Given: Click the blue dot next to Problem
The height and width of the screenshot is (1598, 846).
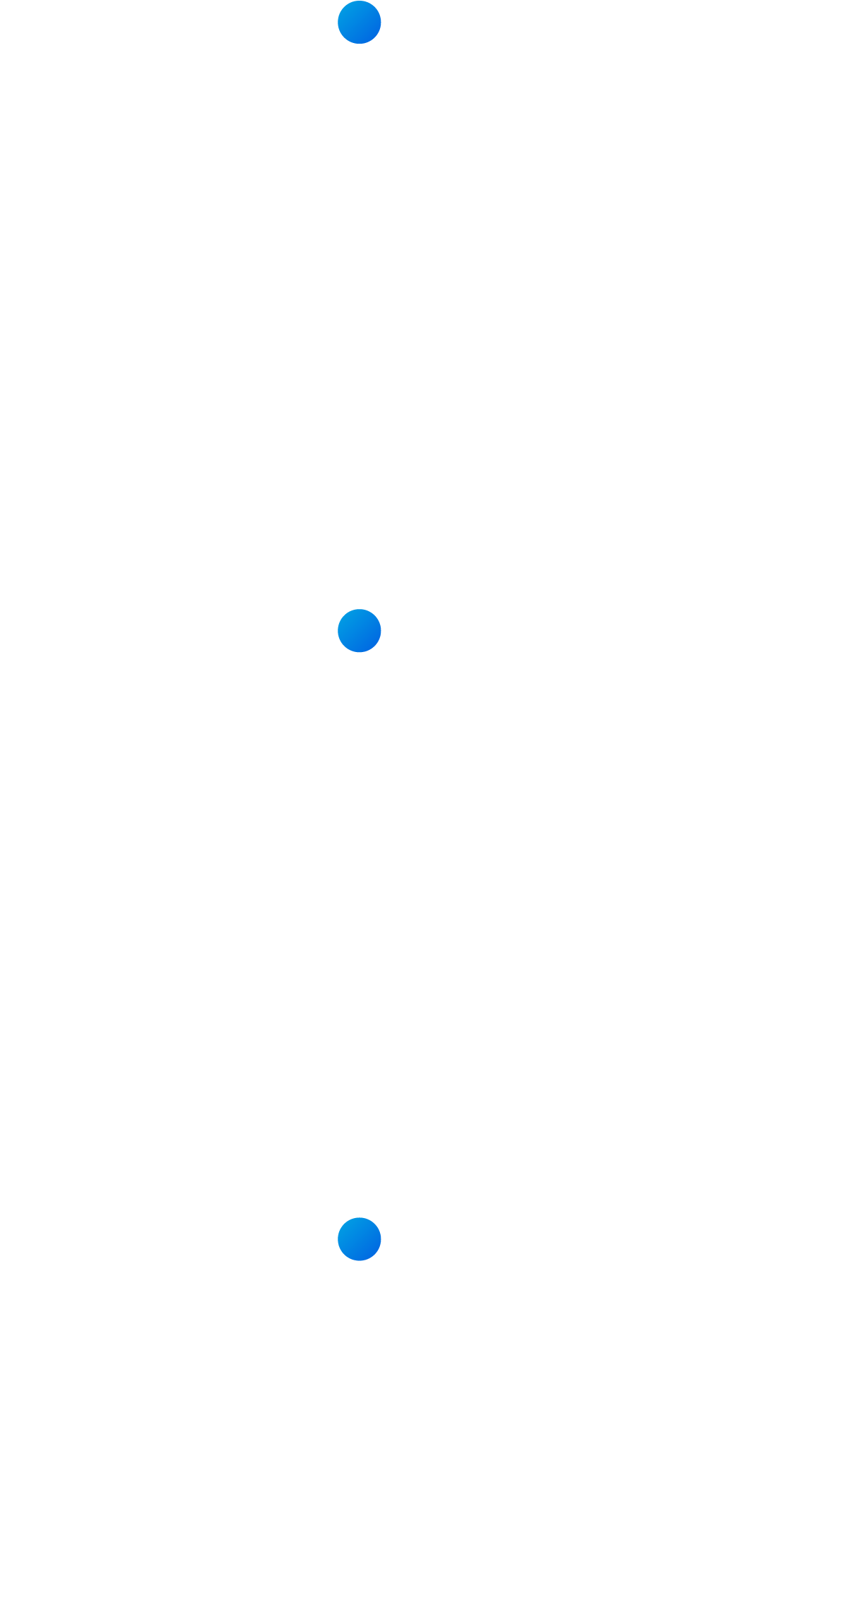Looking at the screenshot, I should click(359, 23).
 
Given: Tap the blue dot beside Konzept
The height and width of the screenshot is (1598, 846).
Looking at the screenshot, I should click(359, 631).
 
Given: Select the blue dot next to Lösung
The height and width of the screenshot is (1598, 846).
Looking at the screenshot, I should click(359, 1239).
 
